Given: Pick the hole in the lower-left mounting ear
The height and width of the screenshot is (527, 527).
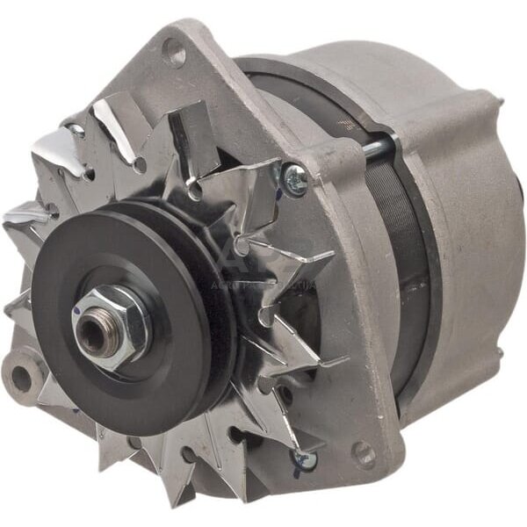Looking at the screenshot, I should click(18, 379).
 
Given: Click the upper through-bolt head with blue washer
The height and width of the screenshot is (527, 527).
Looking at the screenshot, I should click(295, 180).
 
